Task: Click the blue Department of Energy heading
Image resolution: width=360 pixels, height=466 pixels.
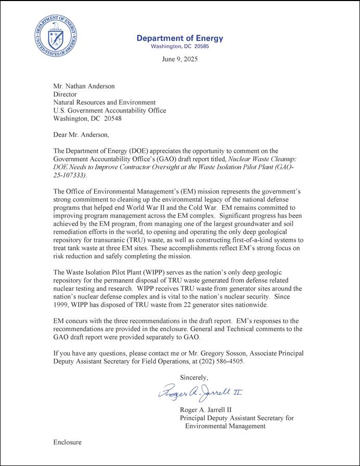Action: (179, 38)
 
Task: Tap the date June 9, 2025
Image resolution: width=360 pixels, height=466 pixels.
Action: (180, 59)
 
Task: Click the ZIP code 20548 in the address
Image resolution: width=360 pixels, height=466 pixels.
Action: (118, 118)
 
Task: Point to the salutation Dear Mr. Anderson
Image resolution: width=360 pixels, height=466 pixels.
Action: (81, 135)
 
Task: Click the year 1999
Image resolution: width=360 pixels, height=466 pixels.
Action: (62, 305)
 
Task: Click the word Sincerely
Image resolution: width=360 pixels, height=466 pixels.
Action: (194, 377)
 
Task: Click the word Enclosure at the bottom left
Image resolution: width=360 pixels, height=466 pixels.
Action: (68, 442)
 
